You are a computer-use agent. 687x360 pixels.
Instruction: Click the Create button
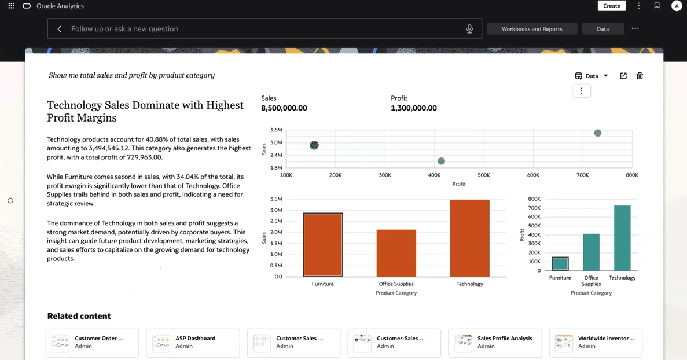click(611, 6)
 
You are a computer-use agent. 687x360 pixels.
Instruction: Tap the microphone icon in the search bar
click(469, 29)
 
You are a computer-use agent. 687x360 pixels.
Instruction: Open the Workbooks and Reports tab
click(532, 29)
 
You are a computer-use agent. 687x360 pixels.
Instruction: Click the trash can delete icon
click(640, 76)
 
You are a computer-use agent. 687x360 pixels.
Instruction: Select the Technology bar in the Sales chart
click(469, 237)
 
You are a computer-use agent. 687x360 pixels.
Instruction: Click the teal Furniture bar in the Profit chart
click(560, 264)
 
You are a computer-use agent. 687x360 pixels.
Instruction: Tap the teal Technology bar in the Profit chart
click(622, 238)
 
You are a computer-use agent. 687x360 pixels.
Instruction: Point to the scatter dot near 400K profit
click(441, 161)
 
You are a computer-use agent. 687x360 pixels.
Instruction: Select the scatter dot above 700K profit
click(598, 133)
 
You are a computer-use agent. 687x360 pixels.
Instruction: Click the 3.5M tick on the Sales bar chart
click(276, 199)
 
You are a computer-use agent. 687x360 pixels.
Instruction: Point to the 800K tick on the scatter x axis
click(632, 175)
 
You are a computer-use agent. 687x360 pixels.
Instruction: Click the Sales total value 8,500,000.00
click(284, 108)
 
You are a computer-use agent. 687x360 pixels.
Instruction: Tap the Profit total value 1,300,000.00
click(414, 108)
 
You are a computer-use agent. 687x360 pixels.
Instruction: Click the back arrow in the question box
click(60, 29)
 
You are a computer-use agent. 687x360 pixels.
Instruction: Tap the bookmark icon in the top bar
click(657, 6)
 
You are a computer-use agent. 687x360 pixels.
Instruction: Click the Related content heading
click(79, 316)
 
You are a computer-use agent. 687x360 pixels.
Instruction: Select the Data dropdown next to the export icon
click(592, 76)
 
